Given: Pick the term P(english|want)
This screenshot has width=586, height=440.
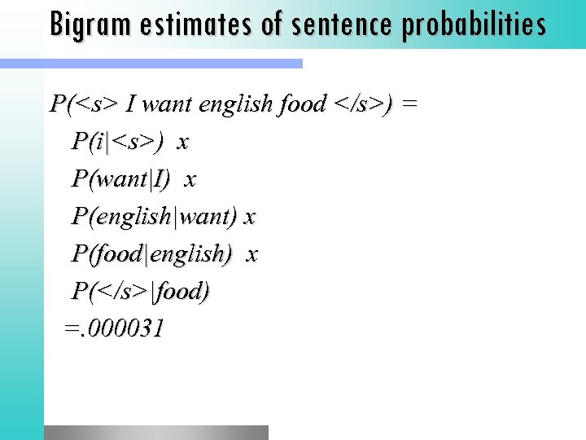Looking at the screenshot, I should [x=155, y=217].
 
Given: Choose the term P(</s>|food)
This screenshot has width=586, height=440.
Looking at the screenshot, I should [x=141, y=291].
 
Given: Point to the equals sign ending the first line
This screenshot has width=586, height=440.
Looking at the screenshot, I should [x=410, y=104].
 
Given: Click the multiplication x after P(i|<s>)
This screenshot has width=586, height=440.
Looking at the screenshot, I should [x=183, y=143].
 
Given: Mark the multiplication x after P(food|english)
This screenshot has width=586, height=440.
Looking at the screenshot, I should [x=251, y=255].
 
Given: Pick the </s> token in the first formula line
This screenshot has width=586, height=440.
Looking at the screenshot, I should [x=359, y=104].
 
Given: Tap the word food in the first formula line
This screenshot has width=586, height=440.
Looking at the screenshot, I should [x=302, y=104].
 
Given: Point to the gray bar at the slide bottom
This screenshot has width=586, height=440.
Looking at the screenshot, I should [x=155, y=433].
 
